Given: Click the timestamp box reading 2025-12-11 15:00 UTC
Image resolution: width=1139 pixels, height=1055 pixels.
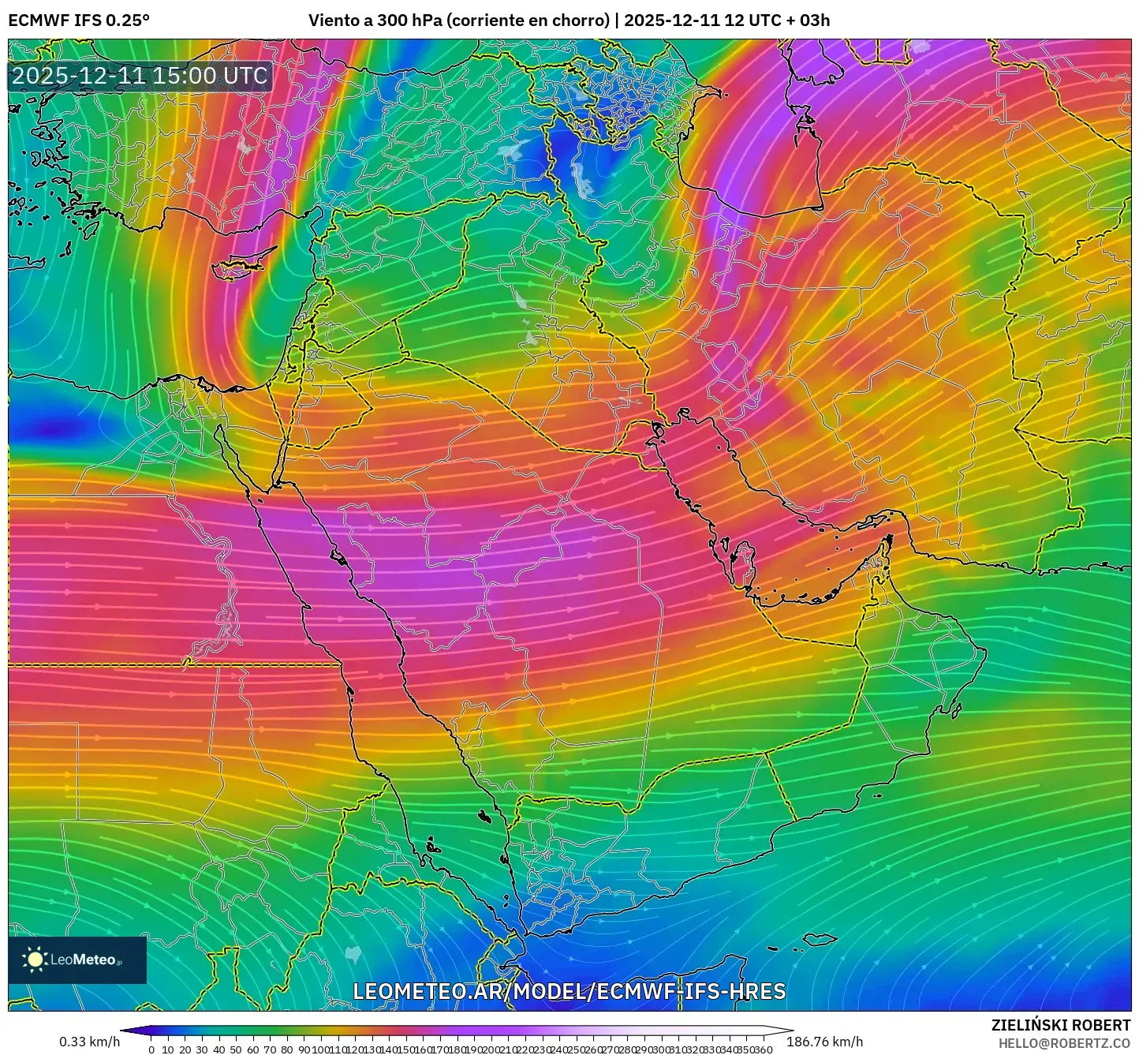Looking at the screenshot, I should [140, 76].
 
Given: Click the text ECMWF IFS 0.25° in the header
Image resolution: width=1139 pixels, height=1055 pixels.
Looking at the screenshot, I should [79, 21].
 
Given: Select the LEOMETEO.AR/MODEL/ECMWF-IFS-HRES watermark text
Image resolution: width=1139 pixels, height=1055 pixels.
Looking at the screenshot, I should [569, 991].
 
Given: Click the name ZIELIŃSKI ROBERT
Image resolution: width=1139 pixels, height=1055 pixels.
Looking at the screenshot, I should [1060, 1025].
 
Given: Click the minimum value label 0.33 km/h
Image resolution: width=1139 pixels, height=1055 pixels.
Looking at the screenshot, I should [89, 1042].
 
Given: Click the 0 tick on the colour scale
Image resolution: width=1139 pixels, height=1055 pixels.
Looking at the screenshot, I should [151, 1049].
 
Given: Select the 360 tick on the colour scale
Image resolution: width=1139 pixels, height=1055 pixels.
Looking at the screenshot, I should [763, 1049].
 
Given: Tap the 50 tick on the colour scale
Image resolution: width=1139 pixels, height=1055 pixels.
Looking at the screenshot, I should [236, 1049].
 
